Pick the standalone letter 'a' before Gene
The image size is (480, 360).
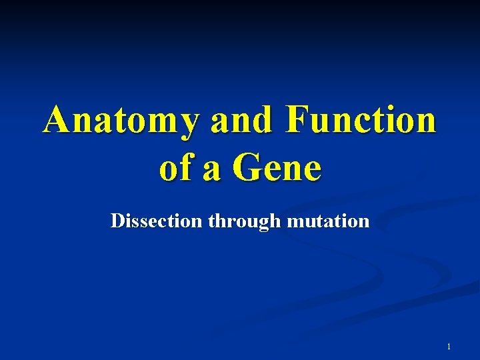(x=213, y=170)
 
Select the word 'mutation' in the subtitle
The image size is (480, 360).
(x=328, y=221)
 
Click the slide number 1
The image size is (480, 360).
(x=449, y=347)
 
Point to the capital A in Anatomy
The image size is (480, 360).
(x=58, y=121)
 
